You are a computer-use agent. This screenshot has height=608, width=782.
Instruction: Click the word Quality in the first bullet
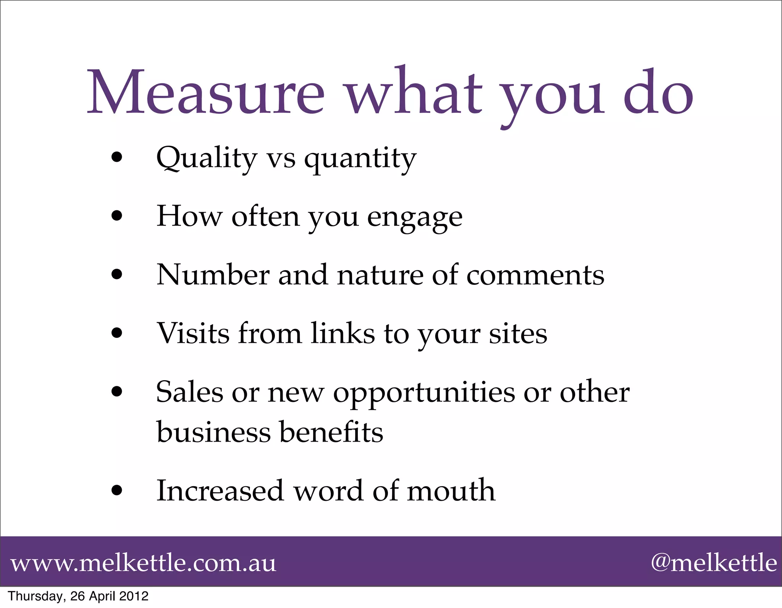[207, 158]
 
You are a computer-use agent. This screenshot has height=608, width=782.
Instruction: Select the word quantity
[360, 160]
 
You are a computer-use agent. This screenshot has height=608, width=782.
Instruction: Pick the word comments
[535, 276]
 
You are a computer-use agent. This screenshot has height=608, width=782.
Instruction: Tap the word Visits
[193, 333]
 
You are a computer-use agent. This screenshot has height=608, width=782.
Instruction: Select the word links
[343, 333]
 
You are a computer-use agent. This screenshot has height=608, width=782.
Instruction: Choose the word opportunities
[424, 394]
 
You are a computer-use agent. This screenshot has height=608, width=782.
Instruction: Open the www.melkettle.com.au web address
[143, 563]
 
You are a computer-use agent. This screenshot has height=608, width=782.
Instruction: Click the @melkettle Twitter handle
[714, 563]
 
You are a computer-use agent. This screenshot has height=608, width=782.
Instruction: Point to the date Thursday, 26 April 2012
[78, 596]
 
